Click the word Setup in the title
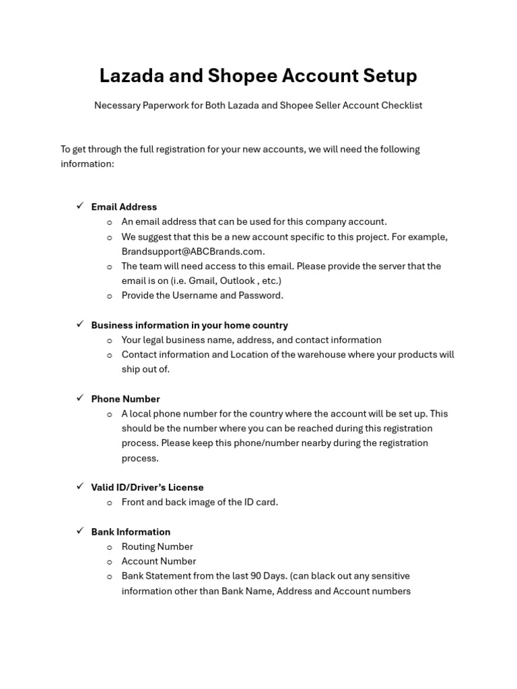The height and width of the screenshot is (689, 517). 386,75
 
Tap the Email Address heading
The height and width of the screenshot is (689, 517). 124,207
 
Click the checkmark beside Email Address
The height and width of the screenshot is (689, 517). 79,206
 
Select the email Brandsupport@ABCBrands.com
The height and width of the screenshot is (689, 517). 192,251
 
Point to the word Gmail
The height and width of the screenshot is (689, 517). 200,281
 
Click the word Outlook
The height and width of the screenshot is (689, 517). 238,281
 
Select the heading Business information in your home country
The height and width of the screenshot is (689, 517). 189,325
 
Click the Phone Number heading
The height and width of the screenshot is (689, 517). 125,399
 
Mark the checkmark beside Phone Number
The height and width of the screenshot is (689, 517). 79,398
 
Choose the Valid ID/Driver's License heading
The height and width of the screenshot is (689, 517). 147,487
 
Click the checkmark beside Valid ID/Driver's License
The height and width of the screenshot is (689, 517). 79,486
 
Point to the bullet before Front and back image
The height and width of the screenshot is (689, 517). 109,503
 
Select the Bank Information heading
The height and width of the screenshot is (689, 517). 131,532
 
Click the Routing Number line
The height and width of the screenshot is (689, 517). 157,546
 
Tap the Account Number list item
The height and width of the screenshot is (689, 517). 159,561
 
